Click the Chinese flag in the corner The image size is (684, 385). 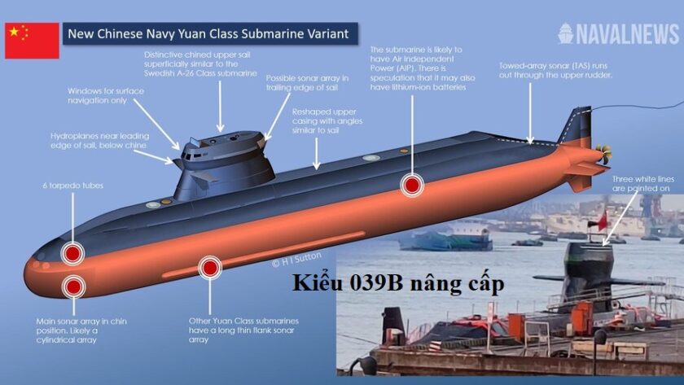[x=32, y=41]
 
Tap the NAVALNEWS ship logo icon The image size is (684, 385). [x=565, y=33]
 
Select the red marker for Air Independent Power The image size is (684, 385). [x=412, y=185]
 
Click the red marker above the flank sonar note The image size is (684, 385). [x=210, y=267]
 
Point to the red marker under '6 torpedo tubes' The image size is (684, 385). [x=72, y=253]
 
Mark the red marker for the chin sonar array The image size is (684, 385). [x=73, y=287]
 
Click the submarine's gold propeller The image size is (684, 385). [x=605, y=154]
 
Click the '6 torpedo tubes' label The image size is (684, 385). [x=73, y=186]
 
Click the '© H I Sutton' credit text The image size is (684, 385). [x=296, y=259]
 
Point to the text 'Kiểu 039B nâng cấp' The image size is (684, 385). [x=398, y=283]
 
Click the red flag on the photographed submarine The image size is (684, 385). [x=602, y=221]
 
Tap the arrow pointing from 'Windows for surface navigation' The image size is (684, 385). [x=156, y=125]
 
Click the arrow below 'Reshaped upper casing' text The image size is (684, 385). [x=316, y=154]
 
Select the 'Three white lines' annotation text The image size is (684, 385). [x=642, y=184]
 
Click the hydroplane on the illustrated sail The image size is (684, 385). [x=204, y=177]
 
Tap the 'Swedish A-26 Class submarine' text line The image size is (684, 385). [x=200, y=73]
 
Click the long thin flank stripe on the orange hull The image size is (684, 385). [x=264, y=254]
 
